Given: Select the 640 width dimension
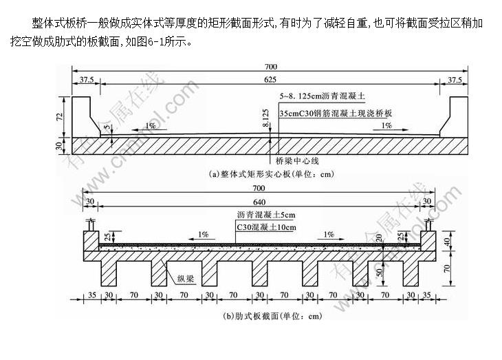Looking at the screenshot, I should point(259,202).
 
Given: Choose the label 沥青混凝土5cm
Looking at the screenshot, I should point(265,215).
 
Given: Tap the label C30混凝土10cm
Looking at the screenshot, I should point(265,226).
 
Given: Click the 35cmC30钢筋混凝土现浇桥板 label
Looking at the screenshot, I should point(336,112).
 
